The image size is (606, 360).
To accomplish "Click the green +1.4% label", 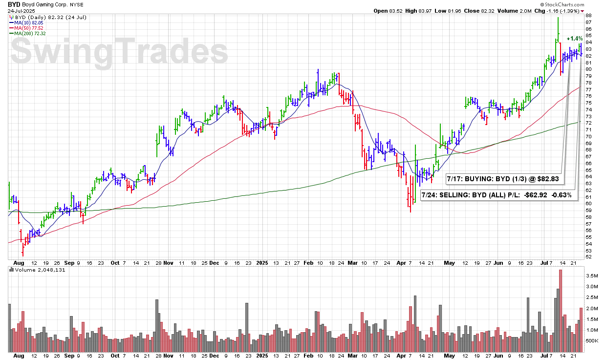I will click(x=574, y=39).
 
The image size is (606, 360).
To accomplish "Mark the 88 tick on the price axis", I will click(x=588, y=16).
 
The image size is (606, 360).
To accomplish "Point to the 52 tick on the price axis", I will click(x=588, y=257).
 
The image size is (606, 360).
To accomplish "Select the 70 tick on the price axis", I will click(x=588, y=136).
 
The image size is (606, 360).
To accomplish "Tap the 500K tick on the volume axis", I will click(x=591, y=340).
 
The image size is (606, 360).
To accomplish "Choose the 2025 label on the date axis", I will click(x=262, y=262).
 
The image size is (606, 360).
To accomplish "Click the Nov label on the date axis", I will click(x=169, y=262).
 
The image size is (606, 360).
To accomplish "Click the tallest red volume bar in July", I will click(x=560, y=311).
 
